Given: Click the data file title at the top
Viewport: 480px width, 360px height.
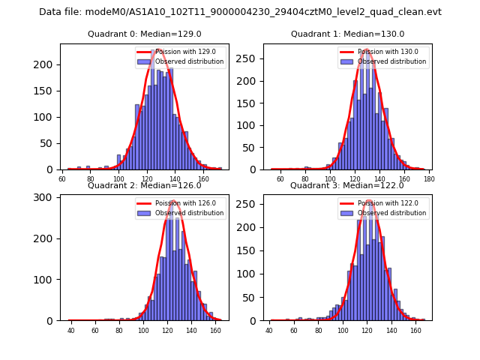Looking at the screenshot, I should pyautogui.click(x=240, y=12).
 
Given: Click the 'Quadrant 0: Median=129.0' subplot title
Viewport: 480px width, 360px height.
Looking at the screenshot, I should pyautogui.click(x=144, y=34).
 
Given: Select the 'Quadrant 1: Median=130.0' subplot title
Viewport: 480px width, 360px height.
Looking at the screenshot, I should pyautogui.click(x=347, y=34).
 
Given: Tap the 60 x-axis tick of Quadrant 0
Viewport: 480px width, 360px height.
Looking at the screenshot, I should pyautogui.click(x=63, y=179).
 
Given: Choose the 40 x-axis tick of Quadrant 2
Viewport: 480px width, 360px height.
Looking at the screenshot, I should pyautogui.click(x=71, y=331).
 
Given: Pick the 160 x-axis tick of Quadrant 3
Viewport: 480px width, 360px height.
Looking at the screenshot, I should pyautogui.click(x=415, y=331).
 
